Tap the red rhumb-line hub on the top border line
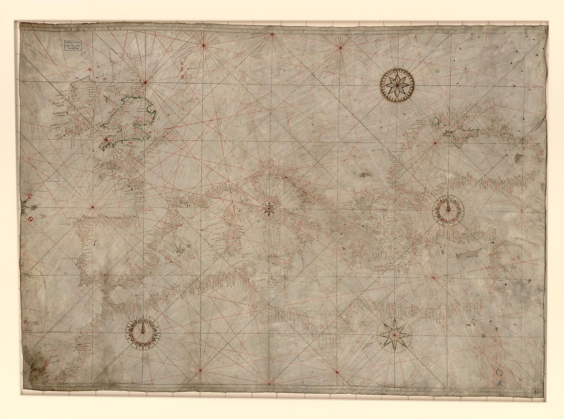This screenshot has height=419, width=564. point(272,34)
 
